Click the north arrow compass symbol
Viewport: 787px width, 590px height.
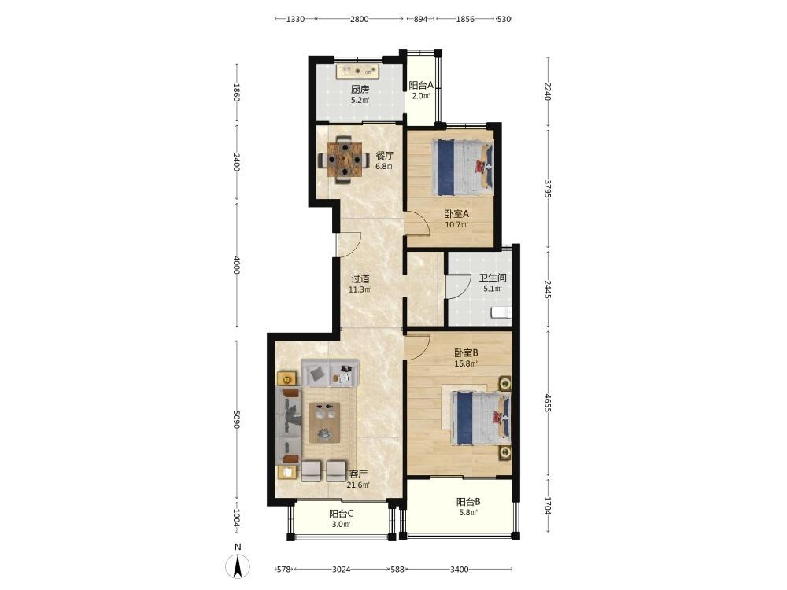[x=238, y=566]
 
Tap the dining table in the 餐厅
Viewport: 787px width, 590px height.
[x=344, y=160]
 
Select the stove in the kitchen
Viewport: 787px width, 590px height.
[x=357, y=72]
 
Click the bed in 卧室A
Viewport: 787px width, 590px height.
[x=463, y=167]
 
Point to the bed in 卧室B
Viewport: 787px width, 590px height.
[x=481, y=419]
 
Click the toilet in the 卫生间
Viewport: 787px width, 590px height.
[x=501, y=312]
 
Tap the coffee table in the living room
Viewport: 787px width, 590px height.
[x=324, y=422]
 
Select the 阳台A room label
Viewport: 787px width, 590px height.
[x=420, y=85]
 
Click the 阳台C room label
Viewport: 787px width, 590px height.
[x=342, y=514]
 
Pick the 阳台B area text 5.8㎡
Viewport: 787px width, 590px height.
[x=467, y=512]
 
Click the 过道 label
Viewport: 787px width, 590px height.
[x=360, y=278]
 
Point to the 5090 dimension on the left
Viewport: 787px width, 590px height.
[x=236, y=420]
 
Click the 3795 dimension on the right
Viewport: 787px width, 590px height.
[x=548, y=189]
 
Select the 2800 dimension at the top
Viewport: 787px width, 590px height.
[x=360, y=19]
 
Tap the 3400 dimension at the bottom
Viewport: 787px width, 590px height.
[x=460, y=570]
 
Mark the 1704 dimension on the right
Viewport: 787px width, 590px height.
[x=548, y=506]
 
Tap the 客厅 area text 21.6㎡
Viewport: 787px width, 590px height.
[x=358, y=485]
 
